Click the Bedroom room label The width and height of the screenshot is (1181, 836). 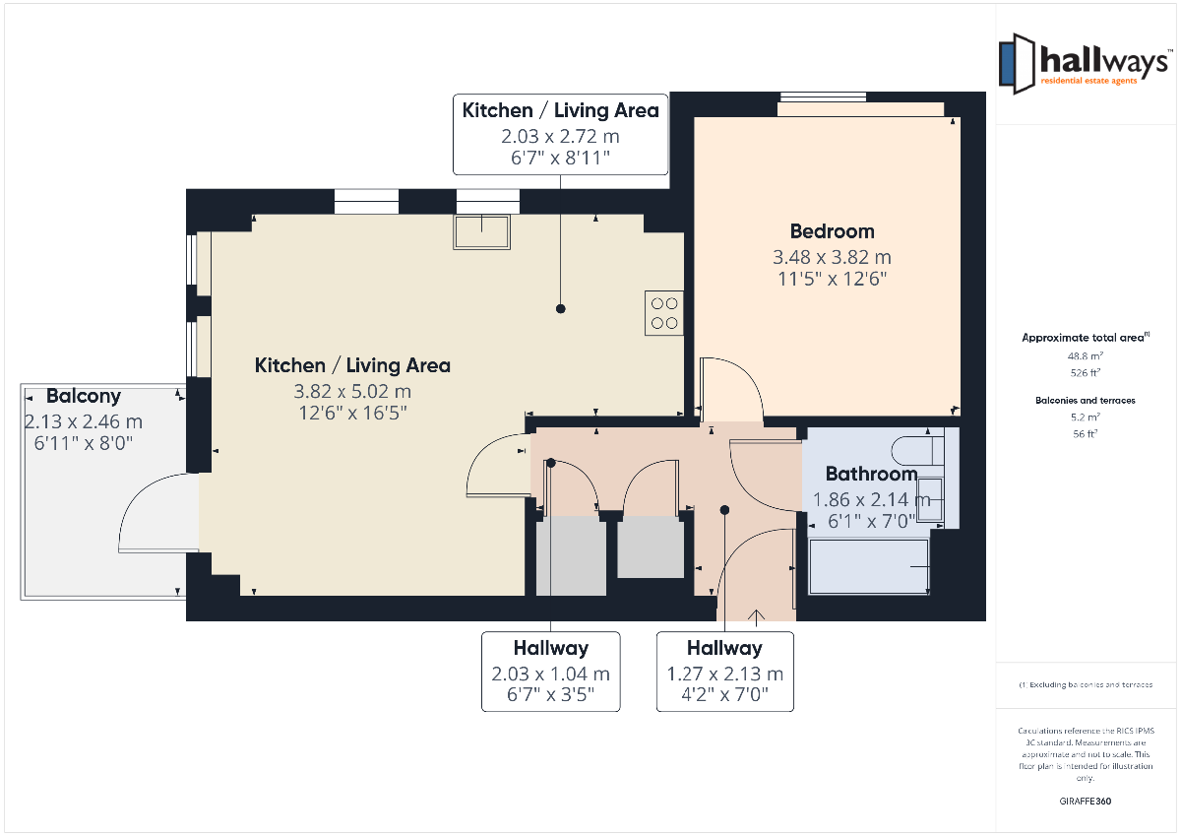pyautogui.click(x=832, y=231)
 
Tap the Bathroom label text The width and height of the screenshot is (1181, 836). pyautogui.click(x=871, y=474)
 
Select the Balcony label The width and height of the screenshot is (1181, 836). pyautogui.click(x=84, y=396)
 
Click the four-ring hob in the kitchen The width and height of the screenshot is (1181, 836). pyautogui.click(x=663, y=313)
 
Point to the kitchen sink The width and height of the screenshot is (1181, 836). pyautogui.click(x=481, y=231)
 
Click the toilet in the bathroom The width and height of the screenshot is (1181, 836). pyautogui.click(x=917, y=451)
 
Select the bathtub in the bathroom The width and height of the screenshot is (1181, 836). pyautogui.click(x=868, y=566)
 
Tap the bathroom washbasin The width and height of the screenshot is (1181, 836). pyautogui.click(x=930, y=499)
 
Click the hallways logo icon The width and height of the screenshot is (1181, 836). pyautogui.click(x=1017, y=64)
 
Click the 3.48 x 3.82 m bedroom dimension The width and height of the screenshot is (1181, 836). pyautogui.click(x=832, y=257)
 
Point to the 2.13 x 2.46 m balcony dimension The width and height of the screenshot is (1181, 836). pyautogui.click(x=84, y=422)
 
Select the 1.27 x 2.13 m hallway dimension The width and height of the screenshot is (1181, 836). pyautogui.click(x=725, y=674)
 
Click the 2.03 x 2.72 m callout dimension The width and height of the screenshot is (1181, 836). pyautogui.click(x=560, y=136)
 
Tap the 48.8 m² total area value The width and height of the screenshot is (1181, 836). pyautogui.click(x=1085, y=356)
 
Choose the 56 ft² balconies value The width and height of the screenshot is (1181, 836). pyautogui.click(x=1085, y=433)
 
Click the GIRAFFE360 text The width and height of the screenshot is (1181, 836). pyautogui.click(x=1085, y=802)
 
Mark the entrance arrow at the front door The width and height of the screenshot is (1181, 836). pyautogui.click(x=757, y=618)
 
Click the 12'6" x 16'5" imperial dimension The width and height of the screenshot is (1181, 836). pyautogui.click(x=352, y=413)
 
